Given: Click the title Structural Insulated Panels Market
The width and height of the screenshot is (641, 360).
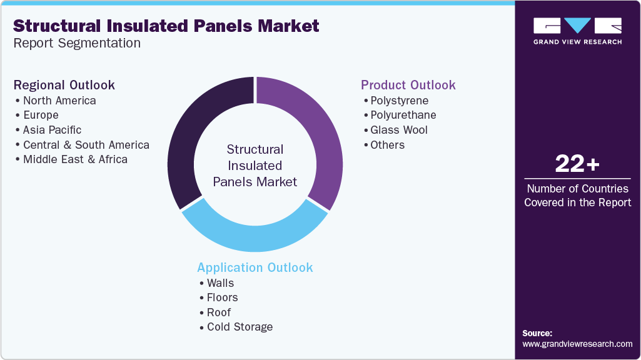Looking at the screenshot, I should point(166,26).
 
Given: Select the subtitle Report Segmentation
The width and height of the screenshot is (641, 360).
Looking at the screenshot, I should point(77,43).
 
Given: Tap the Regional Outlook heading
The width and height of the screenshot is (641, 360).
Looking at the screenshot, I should point(64,85).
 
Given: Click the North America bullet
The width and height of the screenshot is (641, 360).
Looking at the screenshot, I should point(59,100).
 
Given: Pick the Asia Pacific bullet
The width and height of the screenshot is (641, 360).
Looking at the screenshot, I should point(52,130).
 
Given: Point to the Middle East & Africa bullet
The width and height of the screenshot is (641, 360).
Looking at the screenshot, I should point(75,159).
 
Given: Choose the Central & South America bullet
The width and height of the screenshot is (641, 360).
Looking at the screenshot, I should point(86,144).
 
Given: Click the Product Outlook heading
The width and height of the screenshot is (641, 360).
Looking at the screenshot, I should point(408,85).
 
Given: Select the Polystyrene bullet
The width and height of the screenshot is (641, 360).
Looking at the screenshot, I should point(399,100).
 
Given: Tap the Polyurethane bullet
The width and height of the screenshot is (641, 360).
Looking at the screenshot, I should point(403,115).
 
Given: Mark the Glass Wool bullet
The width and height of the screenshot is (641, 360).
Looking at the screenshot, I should point(398,130).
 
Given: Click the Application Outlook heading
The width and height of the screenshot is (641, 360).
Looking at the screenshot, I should point(255,267).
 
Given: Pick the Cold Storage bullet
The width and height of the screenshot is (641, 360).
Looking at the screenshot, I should point(240,327).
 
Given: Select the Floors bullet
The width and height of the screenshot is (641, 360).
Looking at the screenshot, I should point(222,297).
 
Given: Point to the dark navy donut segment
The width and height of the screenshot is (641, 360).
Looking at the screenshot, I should point(194,137).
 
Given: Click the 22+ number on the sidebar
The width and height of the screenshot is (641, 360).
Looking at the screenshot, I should point(577,164).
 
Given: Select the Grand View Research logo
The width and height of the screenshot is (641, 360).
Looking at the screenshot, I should point(577,31).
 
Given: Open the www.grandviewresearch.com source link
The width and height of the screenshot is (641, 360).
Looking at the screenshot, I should point(577,344).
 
